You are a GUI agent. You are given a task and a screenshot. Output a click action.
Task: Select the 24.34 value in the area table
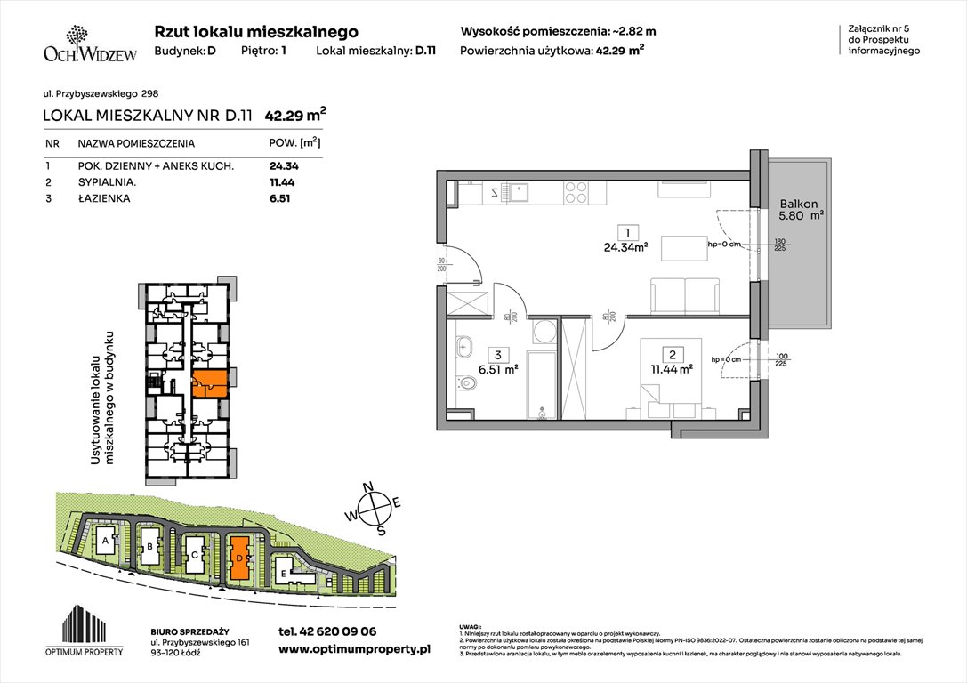pyautogui.click(x=286, y=165)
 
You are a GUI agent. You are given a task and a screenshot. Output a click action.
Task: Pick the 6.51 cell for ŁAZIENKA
pyautogui.click(x=281, y=198)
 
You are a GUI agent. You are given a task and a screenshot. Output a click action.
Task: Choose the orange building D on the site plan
pyautogui.click(x=238, y=558)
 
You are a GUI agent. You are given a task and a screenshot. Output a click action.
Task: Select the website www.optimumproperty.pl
pyautogui.click(x=354, y=650)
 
